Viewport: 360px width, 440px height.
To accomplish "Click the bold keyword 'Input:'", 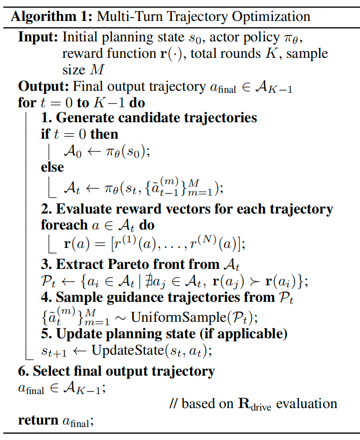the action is (38, 38).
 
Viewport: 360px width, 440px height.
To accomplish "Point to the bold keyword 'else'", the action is (52, 167).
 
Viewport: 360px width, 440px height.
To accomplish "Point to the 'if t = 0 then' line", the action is (80, 134).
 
